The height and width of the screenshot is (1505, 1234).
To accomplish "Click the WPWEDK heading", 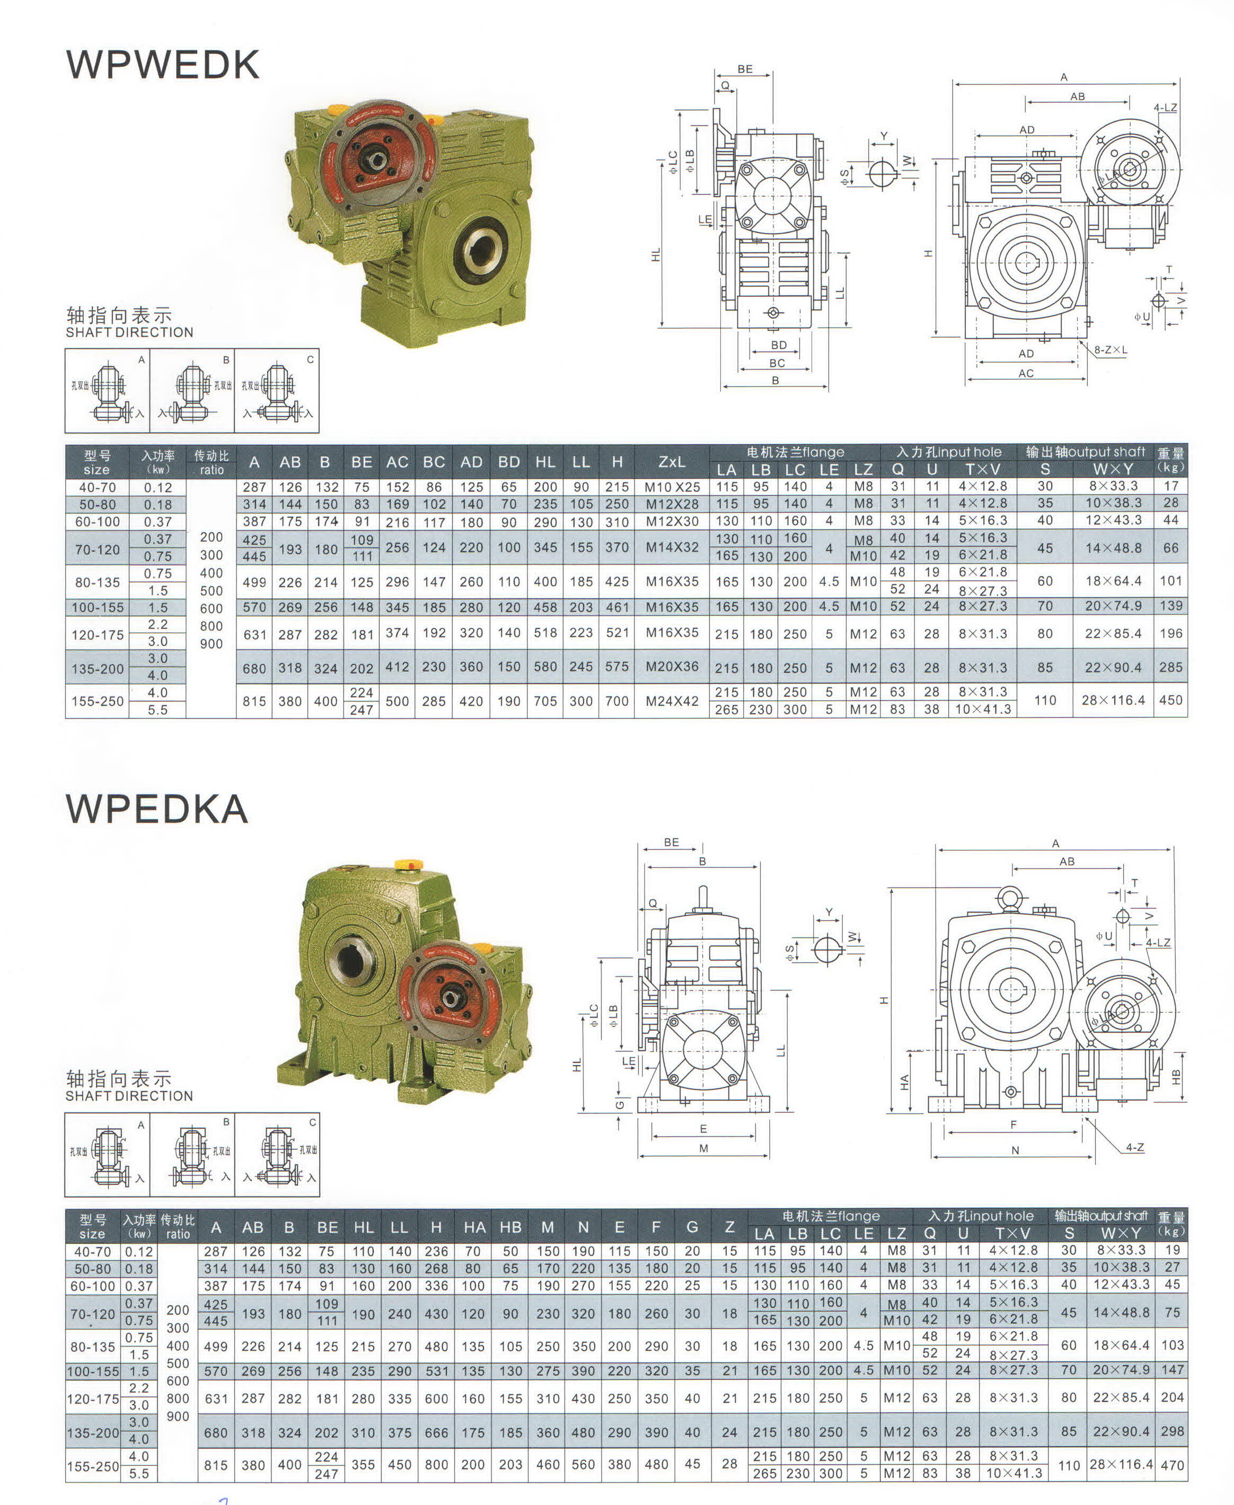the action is tap(163, 65).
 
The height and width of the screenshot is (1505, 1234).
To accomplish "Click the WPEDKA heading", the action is tap(157, 809).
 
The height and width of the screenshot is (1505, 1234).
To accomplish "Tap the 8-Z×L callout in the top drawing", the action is tap(1110, 350).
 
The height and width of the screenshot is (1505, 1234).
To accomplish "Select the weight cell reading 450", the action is tap(1171, 700).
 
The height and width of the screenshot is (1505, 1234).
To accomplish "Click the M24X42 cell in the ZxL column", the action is tap(672, 701).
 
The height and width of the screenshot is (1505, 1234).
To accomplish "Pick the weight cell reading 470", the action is tap(1172, 1465).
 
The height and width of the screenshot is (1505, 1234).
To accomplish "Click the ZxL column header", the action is tap(672, 462).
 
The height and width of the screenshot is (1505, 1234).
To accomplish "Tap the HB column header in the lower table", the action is tap(510, 1227).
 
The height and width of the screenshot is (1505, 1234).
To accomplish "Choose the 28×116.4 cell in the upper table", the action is tap(1113, 700).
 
